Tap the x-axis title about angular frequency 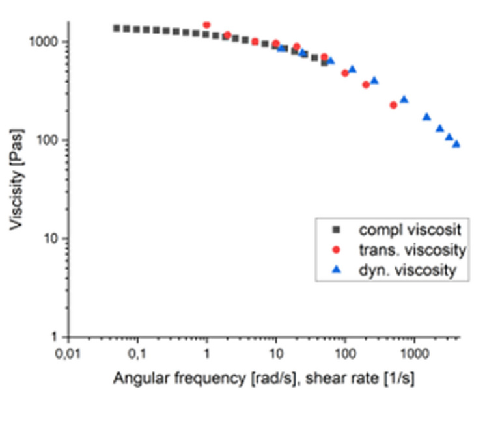(x=264, y=378)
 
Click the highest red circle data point (x=206, y=25)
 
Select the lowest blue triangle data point (x=456, y=144)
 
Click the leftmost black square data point (x=117, y=28)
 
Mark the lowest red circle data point (x=393, y=105)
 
